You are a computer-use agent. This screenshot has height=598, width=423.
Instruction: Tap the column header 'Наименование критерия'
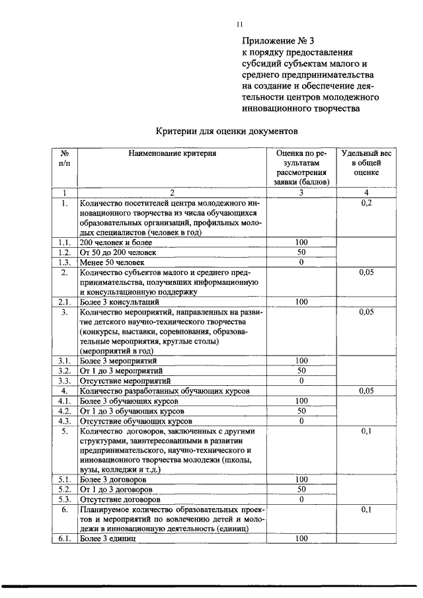click(172, 153)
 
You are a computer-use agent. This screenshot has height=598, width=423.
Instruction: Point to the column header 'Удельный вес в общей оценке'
click(366, 162)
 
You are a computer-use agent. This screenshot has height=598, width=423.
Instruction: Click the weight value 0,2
click(366, 204)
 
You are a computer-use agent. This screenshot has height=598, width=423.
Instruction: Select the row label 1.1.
click(65, 243)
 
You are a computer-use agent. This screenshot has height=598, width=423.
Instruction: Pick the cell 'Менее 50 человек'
click(113, 262)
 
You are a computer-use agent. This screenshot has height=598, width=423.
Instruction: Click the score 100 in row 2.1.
click(301, 302)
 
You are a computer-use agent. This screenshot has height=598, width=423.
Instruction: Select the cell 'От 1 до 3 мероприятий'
click(122, 371)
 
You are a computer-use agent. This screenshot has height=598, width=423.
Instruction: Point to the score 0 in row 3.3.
click(301, 381)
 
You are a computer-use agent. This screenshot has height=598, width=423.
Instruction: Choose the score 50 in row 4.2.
click(301, 410)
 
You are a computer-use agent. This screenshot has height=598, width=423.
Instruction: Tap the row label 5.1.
click(65, 480)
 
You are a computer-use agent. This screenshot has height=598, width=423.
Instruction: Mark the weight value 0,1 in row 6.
click(366, 510)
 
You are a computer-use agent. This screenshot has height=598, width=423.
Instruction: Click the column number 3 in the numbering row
click(301, 193)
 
